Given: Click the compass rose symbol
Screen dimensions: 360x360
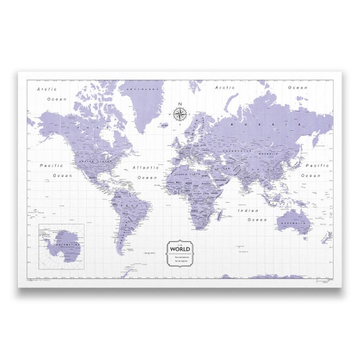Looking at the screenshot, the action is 180,114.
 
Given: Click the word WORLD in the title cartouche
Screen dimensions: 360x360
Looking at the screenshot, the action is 181,249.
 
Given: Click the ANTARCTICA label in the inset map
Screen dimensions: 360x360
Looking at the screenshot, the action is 63,244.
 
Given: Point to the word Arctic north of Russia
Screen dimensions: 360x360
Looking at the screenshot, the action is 225,88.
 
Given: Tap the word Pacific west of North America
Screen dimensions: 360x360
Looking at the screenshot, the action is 51,165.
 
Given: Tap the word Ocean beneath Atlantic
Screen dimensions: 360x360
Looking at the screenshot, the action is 148,177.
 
